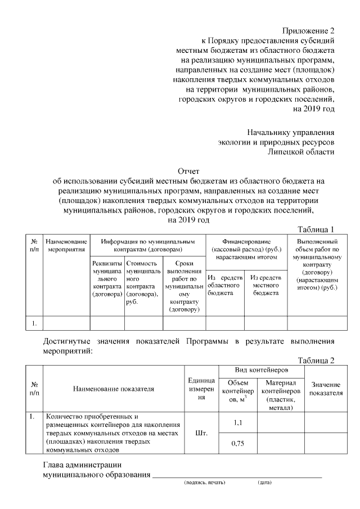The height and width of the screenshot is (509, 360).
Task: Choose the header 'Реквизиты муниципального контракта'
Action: pos(107,278)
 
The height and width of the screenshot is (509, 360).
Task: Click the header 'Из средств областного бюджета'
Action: pos(225,285)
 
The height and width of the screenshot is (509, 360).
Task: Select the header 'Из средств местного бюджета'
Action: pos(266,285)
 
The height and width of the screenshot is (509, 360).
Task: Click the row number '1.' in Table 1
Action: pos(34,323)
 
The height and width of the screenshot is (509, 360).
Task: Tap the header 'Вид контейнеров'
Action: pos(262,371)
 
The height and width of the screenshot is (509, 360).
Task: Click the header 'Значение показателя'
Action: pos(327,389)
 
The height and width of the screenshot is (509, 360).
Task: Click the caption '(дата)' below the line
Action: pos(264,483)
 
